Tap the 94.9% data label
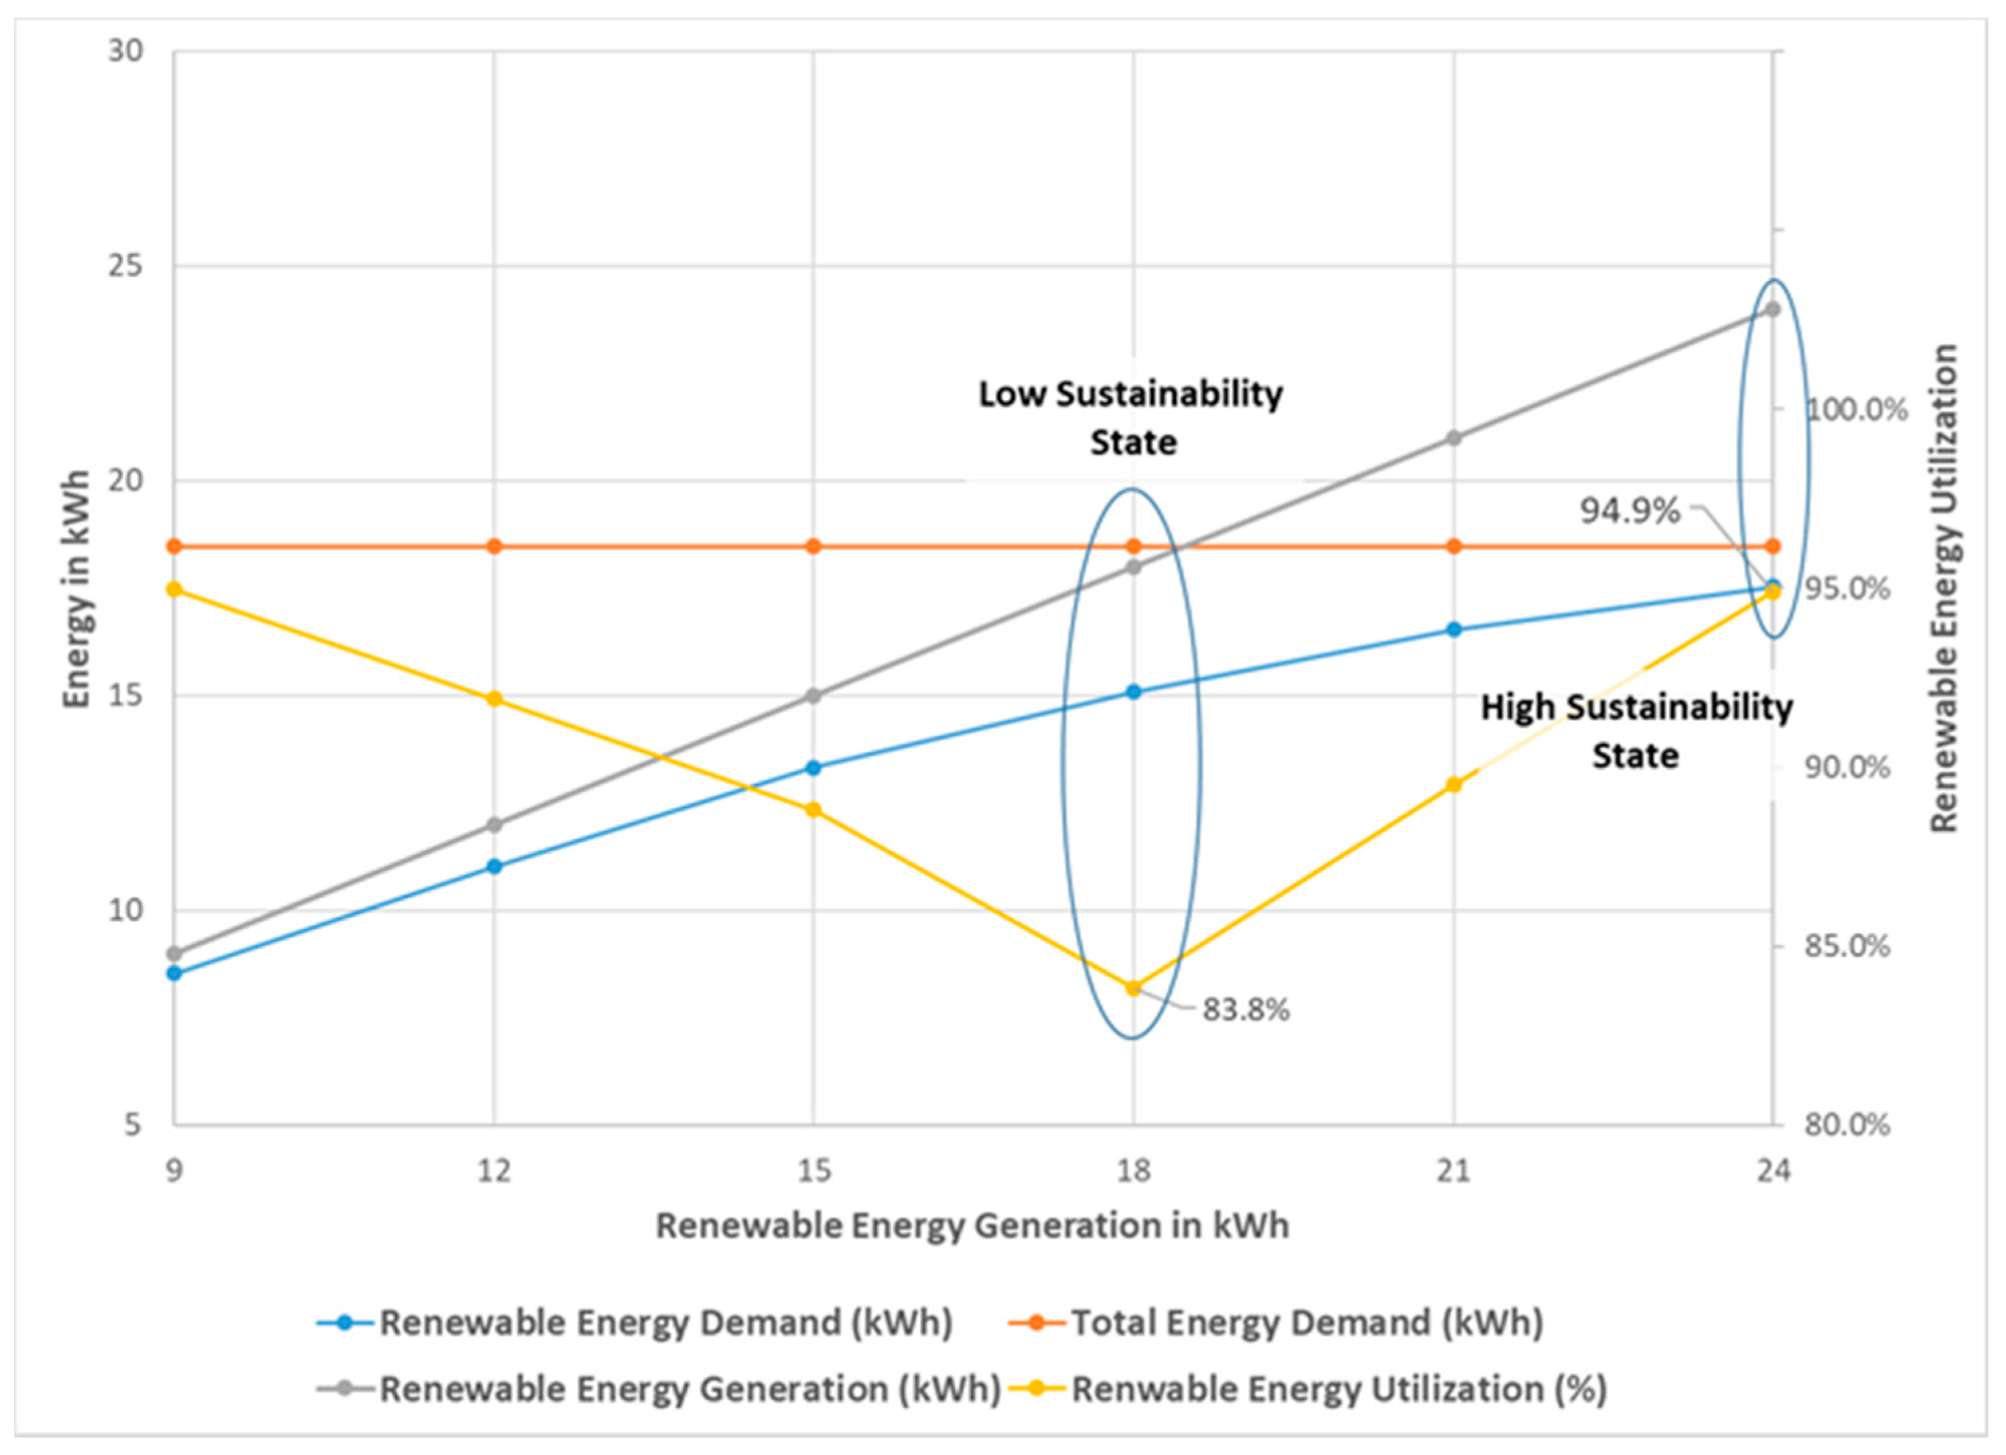click(1630, 510)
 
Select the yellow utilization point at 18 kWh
click(1133, 988)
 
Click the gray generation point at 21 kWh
click(1453, 438)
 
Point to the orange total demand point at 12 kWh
click(494, 546)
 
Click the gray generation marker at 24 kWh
click(1772, 309)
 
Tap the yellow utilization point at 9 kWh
click(174, 589)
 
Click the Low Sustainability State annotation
click(1131, 418)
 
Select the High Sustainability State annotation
click(1636, 731)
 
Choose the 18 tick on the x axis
click(1133, 1171)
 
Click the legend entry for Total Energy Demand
click(1307, 1323)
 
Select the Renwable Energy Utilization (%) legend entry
click(1339, 1389)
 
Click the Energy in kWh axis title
click(77, 589)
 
